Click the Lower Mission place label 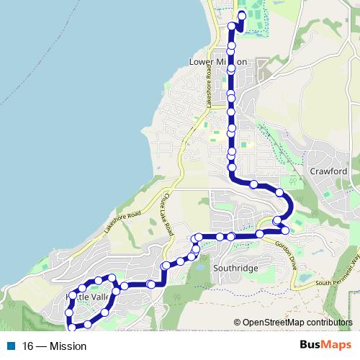coord(217,62)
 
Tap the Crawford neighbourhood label coord(328,171)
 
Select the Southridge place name coord(235,268)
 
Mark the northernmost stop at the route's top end coord(241,16)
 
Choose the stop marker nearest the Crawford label coord(279,193)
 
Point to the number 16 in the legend coord(28,346)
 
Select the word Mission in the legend coord(68,346)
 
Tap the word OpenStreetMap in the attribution coord(271,323)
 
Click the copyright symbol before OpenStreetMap coord(237,323)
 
